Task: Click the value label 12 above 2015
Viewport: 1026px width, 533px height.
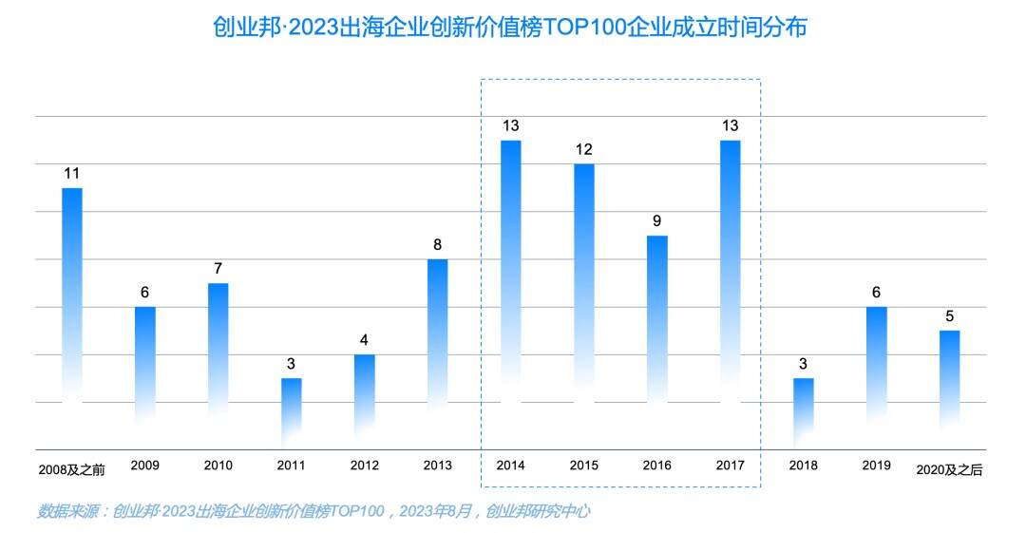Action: coord(583,149)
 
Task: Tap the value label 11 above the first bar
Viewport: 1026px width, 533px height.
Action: coord(72,173)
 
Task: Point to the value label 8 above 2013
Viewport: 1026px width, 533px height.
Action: coord(437,244)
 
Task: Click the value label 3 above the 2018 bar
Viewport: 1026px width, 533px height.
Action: coord(803,363)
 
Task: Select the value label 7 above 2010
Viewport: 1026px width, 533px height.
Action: coord(218,268)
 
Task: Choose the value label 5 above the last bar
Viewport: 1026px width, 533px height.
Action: coord(949,315)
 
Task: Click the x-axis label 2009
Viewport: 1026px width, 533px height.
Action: coord(145,466)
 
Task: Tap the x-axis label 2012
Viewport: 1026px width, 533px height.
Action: coord(364,466)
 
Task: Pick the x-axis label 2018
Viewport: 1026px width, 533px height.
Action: coord(803,466)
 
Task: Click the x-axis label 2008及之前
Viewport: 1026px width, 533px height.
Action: coord(71,469)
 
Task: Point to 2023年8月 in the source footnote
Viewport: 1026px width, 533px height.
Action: coord(438,511)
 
